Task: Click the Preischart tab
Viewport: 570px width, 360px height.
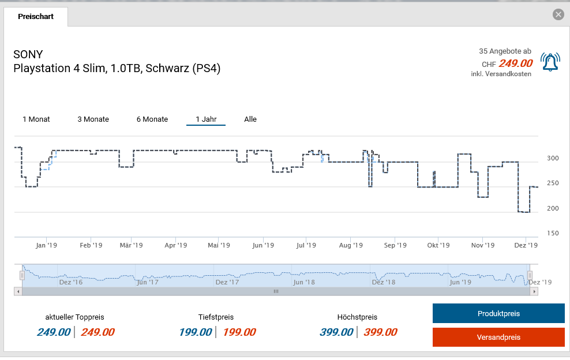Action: [x=36, y=17]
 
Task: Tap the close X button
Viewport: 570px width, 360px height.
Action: [x=558, y=15]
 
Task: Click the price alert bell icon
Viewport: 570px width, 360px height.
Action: [x=550, y=62]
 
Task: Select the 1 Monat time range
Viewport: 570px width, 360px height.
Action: [x=36, y=119]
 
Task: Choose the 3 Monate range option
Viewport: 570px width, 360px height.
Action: [x=93, y=119]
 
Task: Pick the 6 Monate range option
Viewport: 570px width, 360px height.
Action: [x=152, y=119]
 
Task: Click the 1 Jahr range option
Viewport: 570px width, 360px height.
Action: [x=206, y=119]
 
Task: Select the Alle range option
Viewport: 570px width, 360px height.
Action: [x=250, y=119]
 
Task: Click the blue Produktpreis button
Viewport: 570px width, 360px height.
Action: [x=498, y=314]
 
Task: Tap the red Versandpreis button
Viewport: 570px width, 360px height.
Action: [x=498, y=337]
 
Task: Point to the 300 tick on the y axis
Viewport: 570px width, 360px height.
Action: [x=553, y=159]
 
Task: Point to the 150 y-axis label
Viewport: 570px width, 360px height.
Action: [x=553, y=234]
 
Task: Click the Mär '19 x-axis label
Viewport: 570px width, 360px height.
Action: [x=131, y=245]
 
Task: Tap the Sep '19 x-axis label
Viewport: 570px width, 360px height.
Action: [x=395, y=245]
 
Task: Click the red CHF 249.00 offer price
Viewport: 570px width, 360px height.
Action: [x=516, y=63]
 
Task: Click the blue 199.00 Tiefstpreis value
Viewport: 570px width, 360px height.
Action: [x=195, y=332]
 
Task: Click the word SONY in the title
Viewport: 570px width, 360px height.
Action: [x=28, y=55]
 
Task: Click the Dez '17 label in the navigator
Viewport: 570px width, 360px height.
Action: [x=227, y=282]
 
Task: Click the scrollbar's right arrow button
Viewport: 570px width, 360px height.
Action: [x=535, y=292]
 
